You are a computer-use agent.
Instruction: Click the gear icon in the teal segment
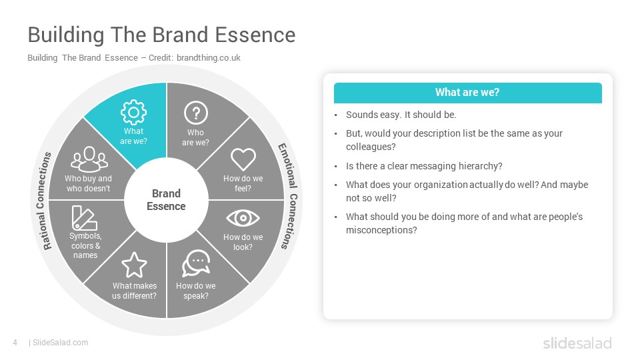133,112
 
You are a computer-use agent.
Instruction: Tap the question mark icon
196,113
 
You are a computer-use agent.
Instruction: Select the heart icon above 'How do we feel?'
243,159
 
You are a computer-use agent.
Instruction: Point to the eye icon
243,218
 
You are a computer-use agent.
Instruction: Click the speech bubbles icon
196,264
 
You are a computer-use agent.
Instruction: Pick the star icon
134,265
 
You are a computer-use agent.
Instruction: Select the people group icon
89,159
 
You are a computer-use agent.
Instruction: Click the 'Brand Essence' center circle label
166,199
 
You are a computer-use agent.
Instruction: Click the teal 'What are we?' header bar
468,93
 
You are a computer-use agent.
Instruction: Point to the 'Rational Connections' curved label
42,201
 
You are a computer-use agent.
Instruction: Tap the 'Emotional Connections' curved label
289,196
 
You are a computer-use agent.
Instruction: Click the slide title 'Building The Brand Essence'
161,35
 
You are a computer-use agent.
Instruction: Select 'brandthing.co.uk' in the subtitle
209,58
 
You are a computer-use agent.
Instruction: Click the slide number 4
15,343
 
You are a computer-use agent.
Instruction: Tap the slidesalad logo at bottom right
577,343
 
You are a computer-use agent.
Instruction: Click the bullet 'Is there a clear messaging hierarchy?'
424,166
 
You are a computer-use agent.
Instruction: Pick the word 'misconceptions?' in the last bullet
381,230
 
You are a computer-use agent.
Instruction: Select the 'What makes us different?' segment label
134,291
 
